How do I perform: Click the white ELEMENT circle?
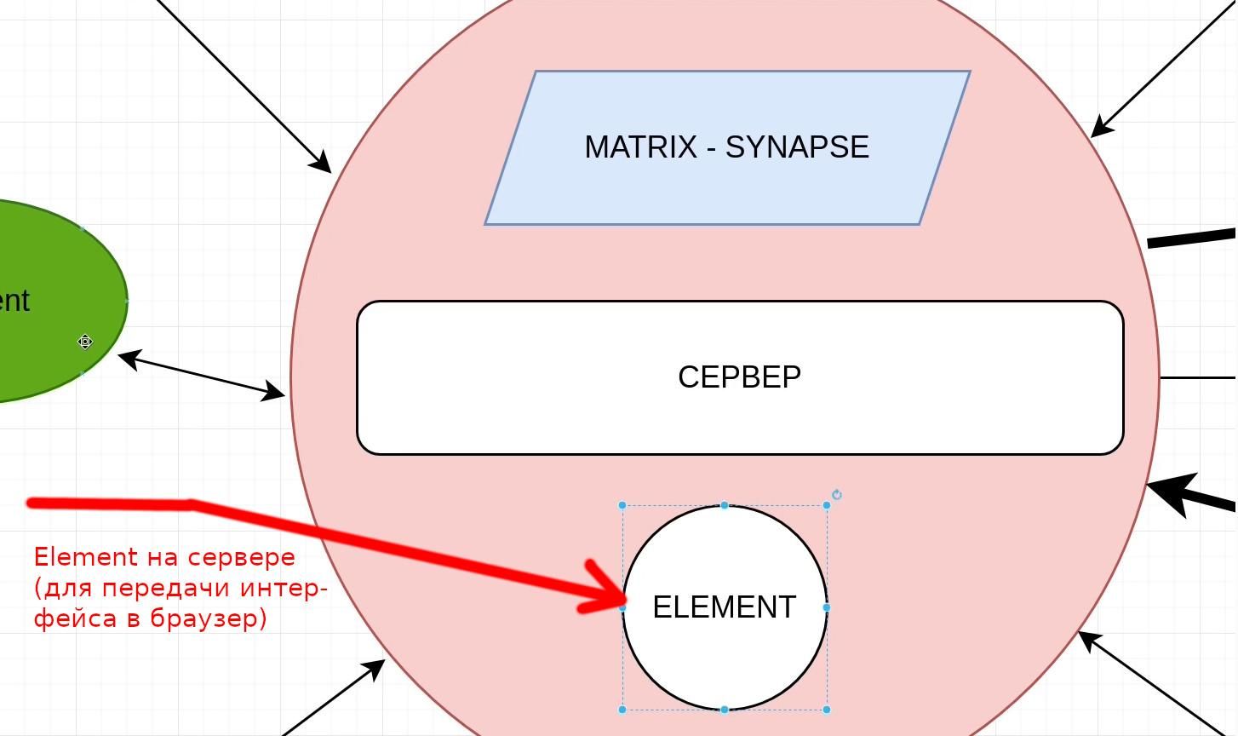click(724, 656)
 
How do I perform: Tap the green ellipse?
click(51, 256)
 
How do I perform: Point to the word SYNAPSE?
click(797, 147)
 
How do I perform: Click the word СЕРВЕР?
click(739, 377)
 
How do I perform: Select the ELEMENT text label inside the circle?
click(724, 607)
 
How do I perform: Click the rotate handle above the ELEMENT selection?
click(837, 495)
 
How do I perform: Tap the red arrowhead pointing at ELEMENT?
click(606, 588)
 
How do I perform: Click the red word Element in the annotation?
click(85, 557)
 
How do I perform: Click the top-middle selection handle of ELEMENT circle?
click(725, 505)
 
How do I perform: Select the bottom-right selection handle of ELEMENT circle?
click(827, 709)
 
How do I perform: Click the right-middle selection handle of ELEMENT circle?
click(827, 607)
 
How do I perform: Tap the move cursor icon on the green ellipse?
click(85, 342)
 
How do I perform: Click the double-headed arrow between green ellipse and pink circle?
click(202, 376)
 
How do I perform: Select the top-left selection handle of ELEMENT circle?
click(622, 505)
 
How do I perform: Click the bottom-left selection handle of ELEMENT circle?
click(622, 709)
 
